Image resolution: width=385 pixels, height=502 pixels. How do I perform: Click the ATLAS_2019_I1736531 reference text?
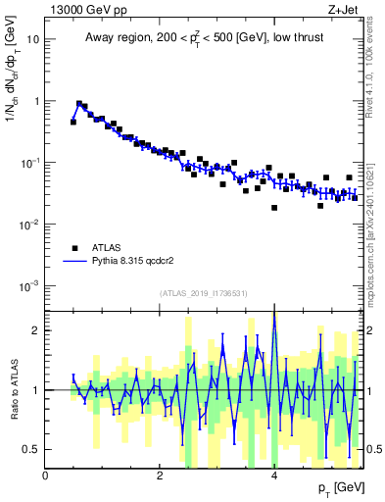(x=204, y=293)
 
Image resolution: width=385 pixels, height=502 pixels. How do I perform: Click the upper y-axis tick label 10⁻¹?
(x=31, y=163)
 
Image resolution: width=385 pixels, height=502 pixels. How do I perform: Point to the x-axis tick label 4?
(x=274, y=476)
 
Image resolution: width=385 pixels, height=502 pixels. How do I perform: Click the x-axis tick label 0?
(x=46, y=476)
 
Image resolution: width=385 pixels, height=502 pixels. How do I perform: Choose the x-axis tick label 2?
(x=160, y=476)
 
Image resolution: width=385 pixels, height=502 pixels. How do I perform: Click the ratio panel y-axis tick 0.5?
(x=32, y=449)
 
